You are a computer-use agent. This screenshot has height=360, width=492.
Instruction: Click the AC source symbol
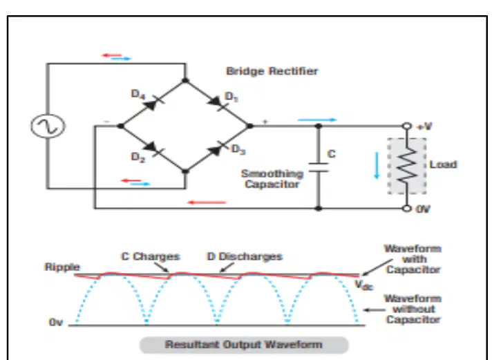click(x=48, y=126)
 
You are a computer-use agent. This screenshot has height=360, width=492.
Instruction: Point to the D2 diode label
click(x=138, y=157)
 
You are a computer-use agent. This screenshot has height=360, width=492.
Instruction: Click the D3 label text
click(x=238, y=149)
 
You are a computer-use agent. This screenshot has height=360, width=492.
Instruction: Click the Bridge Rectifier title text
click(x=272, y=71)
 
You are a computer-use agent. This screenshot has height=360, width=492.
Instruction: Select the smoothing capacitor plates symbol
click(x=319, y=167)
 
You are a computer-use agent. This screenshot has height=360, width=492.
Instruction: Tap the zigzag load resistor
click(x=407, y=165)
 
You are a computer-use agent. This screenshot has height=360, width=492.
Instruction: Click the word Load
click(x=443, y=164)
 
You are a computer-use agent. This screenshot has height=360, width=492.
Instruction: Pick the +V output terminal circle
click(x=407, y=126)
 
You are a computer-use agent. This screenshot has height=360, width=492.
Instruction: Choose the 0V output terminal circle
click(x=407, y=209)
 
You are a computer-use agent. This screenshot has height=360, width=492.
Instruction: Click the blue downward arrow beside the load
click(x=377, y=165)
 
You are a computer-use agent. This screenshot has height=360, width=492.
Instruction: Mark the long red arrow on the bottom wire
click(x=207, y=202)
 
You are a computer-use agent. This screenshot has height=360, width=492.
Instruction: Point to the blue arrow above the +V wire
click(x=317, y=120)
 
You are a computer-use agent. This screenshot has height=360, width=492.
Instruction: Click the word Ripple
click(x=62, y=267)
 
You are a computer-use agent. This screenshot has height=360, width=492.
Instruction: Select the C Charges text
click(x=151, y=256)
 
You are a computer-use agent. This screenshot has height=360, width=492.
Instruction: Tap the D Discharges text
click(x=245, y=256)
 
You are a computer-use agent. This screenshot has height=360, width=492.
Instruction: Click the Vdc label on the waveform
click(x=363, y=285)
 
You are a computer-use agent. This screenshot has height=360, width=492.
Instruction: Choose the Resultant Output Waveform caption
click(x=244, y=345)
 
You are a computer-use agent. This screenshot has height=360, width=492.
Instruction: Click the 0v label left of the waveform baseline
click(x=56, y=322)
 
